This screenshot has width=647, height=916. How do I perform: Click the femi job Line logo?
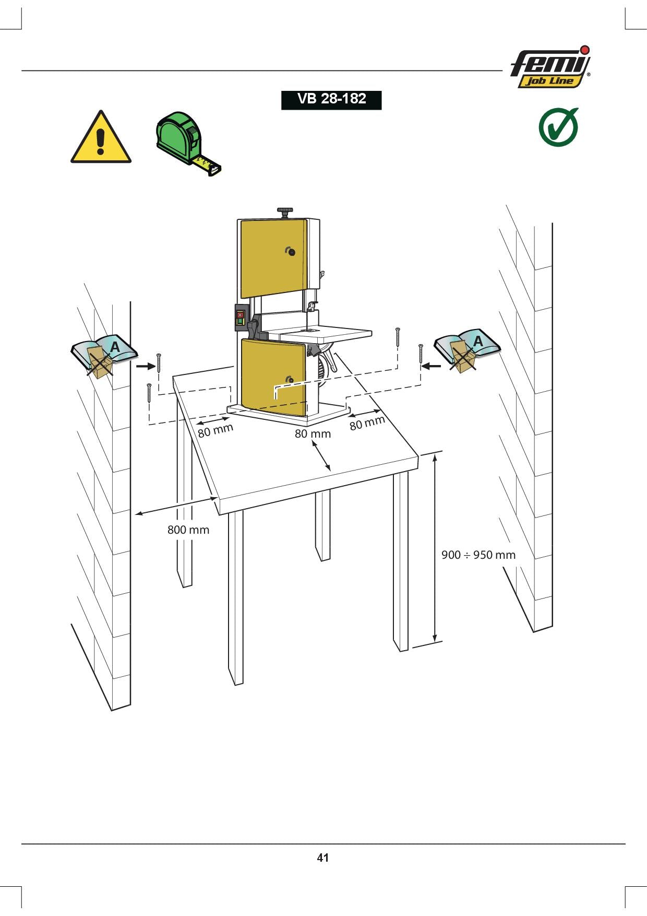click(x=550, y=67)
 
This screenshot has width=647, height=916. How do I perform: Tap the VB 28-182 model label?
click(x=331, y=99)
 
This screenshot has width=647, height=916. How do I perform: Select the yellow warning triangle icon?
click(x=101, y=137)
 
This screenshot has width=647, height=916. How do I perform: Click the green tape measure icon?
click(x=188, y=143)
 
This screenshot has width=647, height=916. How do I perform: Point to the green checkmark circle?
click(x=558, y=127)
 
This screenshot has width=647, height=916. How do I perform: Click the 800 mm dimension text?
click(x=188, y=530)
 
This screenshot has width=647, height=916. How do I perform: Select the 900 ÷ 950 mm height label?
click(x=478, y=555)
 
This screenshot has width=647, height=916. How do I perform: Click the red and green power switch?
click(x=240, y=318)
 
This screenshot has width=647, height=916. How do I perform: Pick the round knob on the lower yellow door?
click(x=290, y=380)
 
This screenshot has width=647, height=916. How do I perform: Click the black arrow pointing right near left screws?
click(x=145, y=367)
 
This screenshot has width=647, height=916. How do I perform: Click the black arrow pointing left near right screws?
click(x=432, y=366)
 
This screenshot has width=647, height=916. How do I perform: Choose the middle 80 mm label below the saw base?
click(x=313, y=433)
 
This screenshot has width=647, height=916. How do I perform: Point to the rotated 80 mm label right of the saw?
click(x=367, y=422)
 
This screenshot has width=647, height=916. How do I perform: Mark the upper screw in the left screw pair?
click(x=159, y=362)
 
